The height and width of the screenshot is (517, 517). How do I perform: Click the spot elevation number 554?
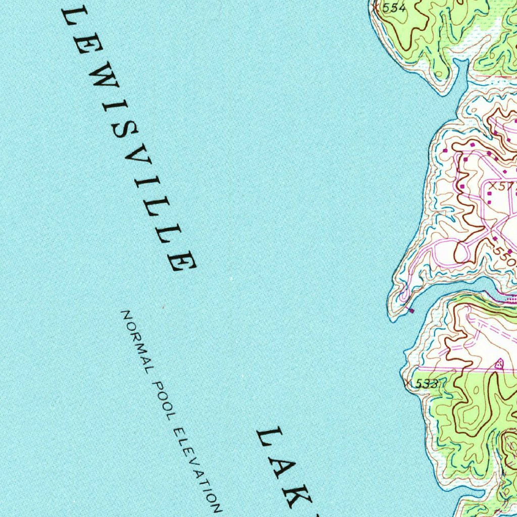pos(394,8)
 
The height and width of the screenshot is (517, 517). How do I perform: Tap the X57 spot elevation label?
pos(502,187)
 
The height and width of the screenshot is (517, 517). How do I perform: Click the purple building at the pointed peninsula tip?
pos(411,310)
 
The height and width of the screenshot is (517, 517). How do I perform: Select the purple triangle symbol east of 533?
pos(499,363)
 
